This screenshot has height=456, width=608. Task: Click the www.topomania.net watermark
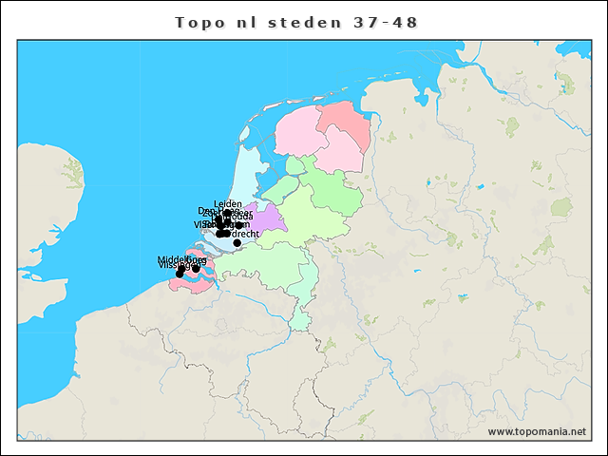(537, 431)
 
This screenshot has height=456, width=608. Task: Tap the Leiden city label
(228, 203)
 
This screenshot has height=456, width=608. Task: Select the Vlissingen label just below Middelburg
(177, 265)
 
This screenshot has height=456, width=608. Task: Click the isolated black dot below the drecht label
(237, 243)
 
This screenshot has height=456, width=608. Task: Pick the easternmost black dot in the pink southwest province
(196, 269)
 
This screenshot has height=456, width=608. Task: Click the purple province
(267, 217)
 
